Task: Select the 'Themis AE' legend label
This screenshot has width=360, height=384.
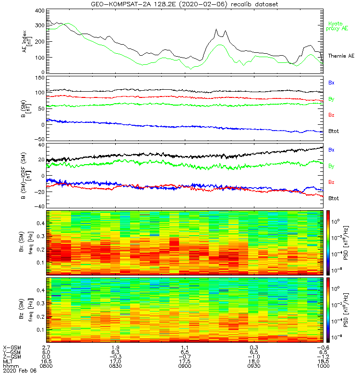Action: click(341, 56)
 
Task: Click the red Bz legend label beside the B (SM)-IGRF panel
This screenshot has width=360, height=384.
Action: click(331, 182)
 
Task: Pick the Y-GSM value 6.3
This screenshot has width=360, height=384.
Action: click(115, 351)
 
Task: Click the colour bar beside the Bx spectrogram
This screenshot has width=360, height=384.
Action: click(329, 242)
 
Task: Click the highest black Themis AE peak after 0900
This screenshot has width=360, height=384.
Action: click(216, 29)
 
